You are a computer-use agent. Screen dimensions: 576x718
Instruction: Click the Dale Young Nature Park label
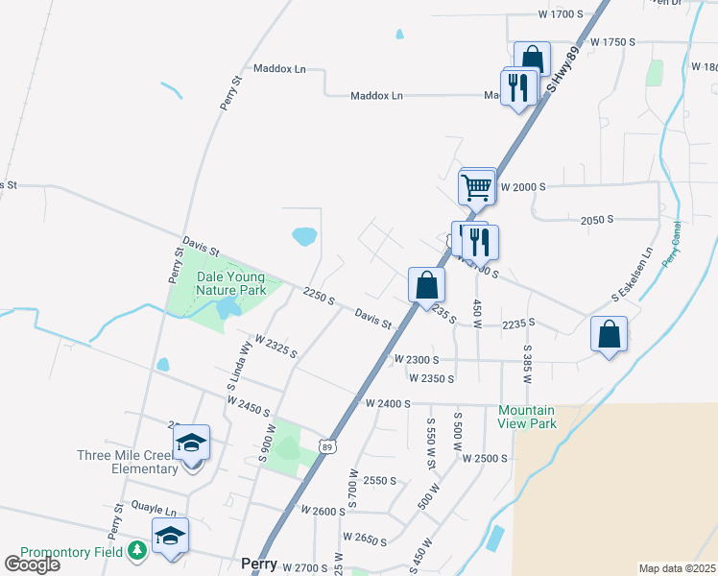click(x=231, y=283)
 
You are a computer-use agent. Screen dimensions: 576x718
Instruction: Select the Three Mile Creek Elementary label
click(x=129, y=462)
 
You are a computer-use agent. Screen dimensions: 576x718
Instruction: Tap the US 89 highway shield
click(x=328, y=446)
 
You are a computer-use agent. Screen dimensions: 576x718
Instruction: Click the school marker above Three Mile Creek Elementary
click(x=192, y=443)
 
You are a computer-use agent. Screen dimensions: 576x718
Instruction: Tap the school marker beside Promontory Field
click(x=171, y=536)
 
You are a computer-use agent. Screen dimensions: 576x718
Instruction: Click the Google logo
click(x=32, y=564)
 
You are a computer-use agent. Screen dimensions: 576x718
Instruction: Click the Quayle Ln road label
click(x=157, y=512)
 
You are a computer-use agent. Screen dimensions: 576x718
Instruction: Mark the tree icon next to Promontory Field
click(x=137, y=550)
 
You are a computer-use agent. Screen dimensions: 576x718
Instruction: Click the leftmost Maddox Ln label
click(x=279, y=69)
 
